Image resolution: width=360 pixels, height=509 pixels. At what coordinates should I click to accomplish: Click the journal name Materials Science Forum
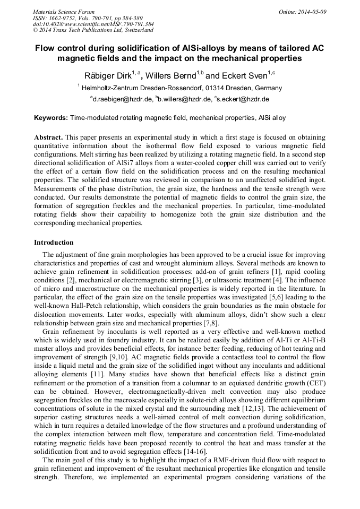click(x=64, y=11)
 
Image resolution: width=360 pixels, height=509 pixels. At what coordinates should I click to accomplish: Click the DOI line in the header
click(x=93, y=24)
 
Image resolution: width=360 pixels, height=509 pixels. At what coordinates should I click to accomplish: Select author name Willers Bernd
click(x=170, y=75)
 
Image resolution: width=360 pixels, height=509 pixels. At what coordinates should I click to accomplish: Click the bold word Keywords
click(x=50, y=117)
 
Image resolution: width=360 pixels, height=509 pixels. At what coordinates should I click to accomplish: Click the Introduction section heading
click(x=54, y=243)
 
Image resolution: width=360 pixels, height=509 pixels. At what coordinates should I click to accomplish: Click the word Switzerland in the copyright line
click(x=135, y=30)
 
